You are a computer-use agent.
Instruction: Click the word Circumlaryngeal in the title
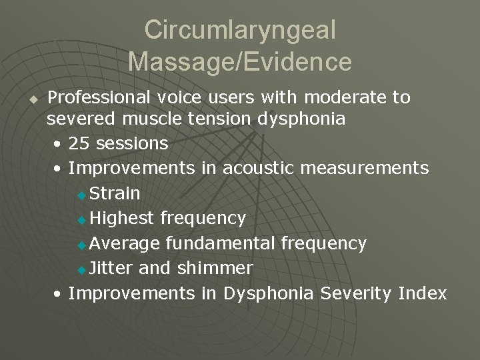point(240,30)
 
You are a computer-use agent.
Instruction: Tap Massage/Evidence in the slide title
point(240,61)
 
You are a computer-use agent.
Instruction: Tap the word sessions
point(132,144)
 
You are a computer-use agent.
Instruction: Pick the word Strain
point(114,193)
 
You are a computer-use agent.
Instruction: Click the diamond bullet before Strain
point(82,195)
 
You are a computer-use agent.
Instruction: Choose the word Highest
point(122,218)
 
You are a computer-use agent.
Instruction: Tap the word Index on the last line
point(424,293)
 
